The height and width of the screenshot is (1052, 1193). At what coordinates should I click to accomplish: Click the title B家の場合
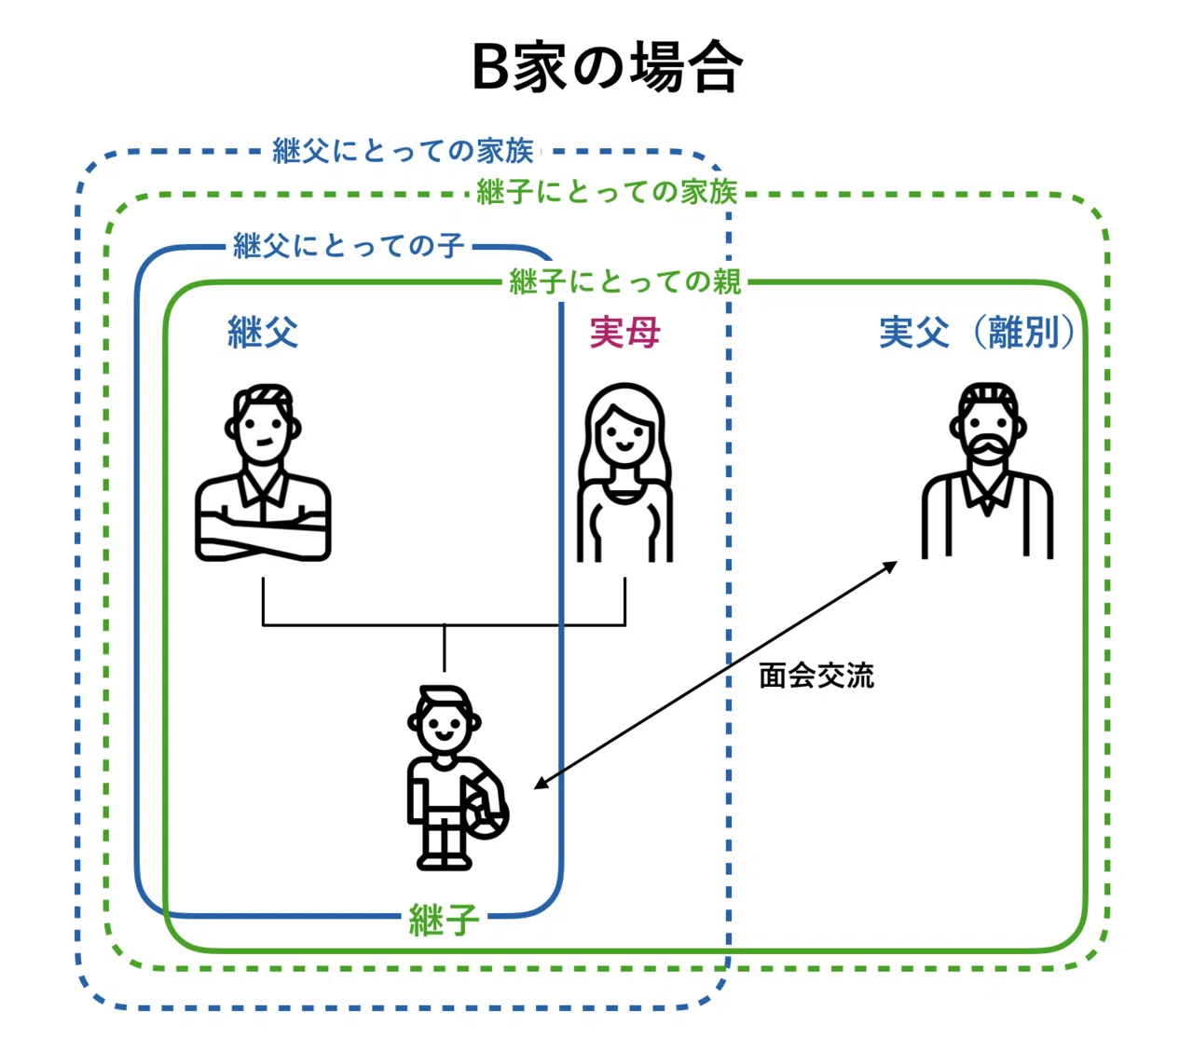tap(607, 67)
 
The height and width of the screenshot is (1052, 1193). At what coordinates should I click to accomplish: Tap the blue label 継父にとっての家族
tap(403, 151)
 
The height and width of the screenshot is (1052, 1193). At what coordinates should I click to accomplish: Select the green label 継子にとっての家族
tap(607, 192)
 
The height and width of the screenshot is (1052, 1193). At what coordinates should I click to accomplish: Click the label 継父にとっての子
tap(349, 245)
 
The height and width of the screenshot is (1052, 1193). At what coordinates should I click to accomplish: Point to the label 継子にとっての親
tap(624, 280)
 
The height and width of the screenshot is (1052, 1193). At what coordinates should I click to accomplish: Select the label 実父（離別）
tap(978, 333)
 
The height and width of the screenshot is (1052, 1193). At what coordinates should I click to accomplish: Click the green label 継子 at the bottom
tap(444, 920)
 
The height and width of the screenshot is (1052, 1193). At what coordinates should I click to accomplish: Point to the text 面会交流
tap(816, 676)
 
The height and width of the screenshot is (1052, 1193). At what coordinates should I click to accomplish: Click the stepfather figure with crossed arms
tap(263, 472)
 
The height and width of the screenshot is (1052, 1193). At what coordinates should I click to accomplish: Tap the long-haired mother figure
tap(624, 472)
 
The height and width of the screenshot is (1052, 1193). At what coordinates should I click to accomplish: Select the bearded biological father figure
tap(988, 471)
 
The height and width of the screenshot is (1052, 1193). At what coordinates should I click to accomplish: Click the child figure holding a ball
tap(457, 778)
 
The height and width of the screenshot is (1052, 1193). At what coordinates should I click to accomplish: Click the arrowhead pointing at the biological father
tap(889, 567)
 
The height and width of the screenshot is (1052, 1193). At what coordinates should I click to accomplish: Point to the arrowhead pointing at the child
tap(542, 782)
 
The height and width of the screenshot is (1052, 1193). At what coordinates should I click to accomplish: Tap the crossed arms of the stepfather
tap(263, 533)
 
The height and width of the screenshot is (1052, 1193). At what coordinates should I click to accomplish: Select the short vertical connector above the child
tap(444, 648)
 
